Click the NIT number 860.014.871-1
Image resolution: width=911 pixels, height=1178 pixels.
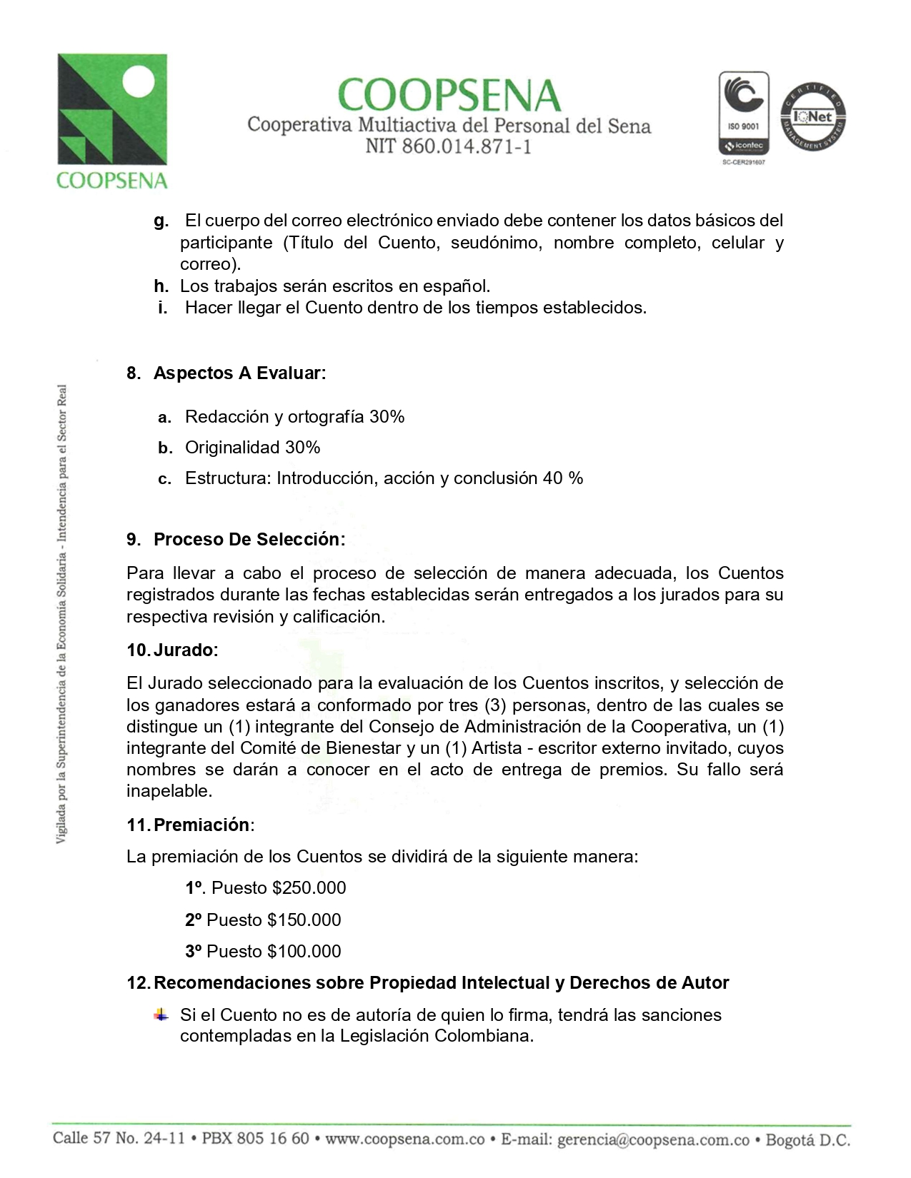click(x=448, y=147)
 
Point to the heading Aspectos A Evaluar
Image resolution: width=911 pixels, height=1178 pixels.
click(x=239, y=373)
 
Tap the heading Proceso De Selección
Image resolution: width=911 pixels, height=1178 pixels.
click(x=249, y=540)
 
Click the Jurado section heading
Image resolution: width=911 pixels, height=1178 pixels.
click(x=184, y=650)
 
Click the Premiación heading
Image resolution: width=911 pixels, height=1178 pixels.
click(x=202, y=825)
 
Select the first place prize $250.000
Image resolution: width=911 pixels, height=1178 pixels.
click(x=309, y=888)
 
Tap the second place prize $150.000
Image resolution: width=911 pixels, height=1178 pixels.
click(x=304, y=920)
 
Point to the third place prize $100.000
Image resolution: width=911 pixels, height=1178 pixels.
click(x=304, y=952)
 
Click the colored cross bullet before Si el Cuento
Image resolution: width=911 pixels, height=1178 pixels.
click(x=161, y=1015)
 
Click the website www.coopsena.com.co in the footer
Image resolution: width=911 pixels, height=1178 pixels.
click(x=405, y=1139)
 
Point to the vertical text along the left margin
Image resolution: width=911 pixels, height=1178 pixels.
click(x=62, y=614)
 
